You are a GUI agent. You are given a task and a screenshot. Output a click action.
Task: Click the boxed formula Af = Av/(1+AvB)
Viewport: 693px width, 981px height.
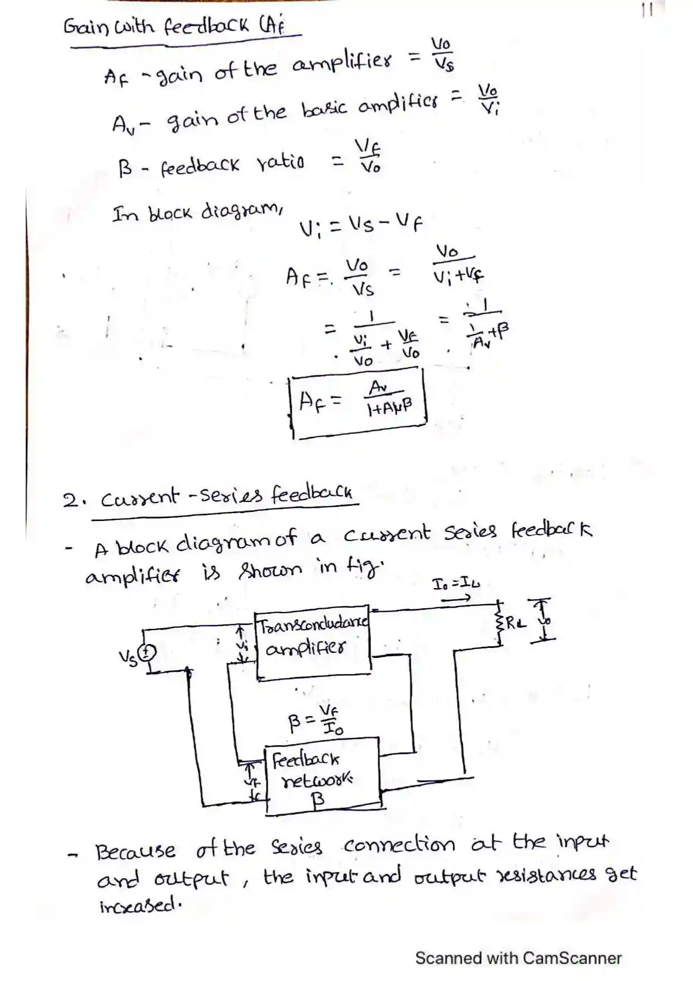click(x=358, y=401)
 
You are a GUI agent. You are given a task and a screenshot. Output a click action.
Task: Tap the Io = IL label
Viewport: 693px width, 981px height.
click(x=456, y=584)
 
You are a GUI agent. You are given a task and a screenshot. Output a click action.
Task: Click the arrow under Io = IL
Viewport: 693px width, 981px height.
click(x=455, y=598)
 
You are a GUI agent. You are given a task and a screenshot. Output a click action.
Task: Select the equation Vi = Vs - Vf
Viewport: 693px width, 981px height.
click(x=361, y=226)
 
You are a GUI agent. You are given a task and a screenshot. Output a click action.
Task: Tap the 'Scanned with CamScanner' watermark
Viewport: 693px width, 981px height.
click(x=518, y=958)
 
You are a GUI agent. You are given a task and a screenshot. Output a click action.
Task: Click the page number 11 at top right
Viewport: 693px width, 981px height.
click(x=647, y=10)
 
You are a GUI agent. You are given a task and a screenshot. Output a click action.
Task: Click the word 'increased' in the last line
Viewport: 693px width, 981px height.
click(x=140, y=906)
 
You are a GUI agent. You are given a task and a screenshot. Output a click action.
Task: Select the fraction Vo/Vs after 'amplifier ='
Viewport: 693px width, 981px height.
click(x=443, y=55)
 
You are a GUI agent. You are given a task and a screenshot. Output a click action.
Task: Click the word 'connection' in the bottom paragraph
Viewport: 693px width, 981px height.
click(x=399, y=845)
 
